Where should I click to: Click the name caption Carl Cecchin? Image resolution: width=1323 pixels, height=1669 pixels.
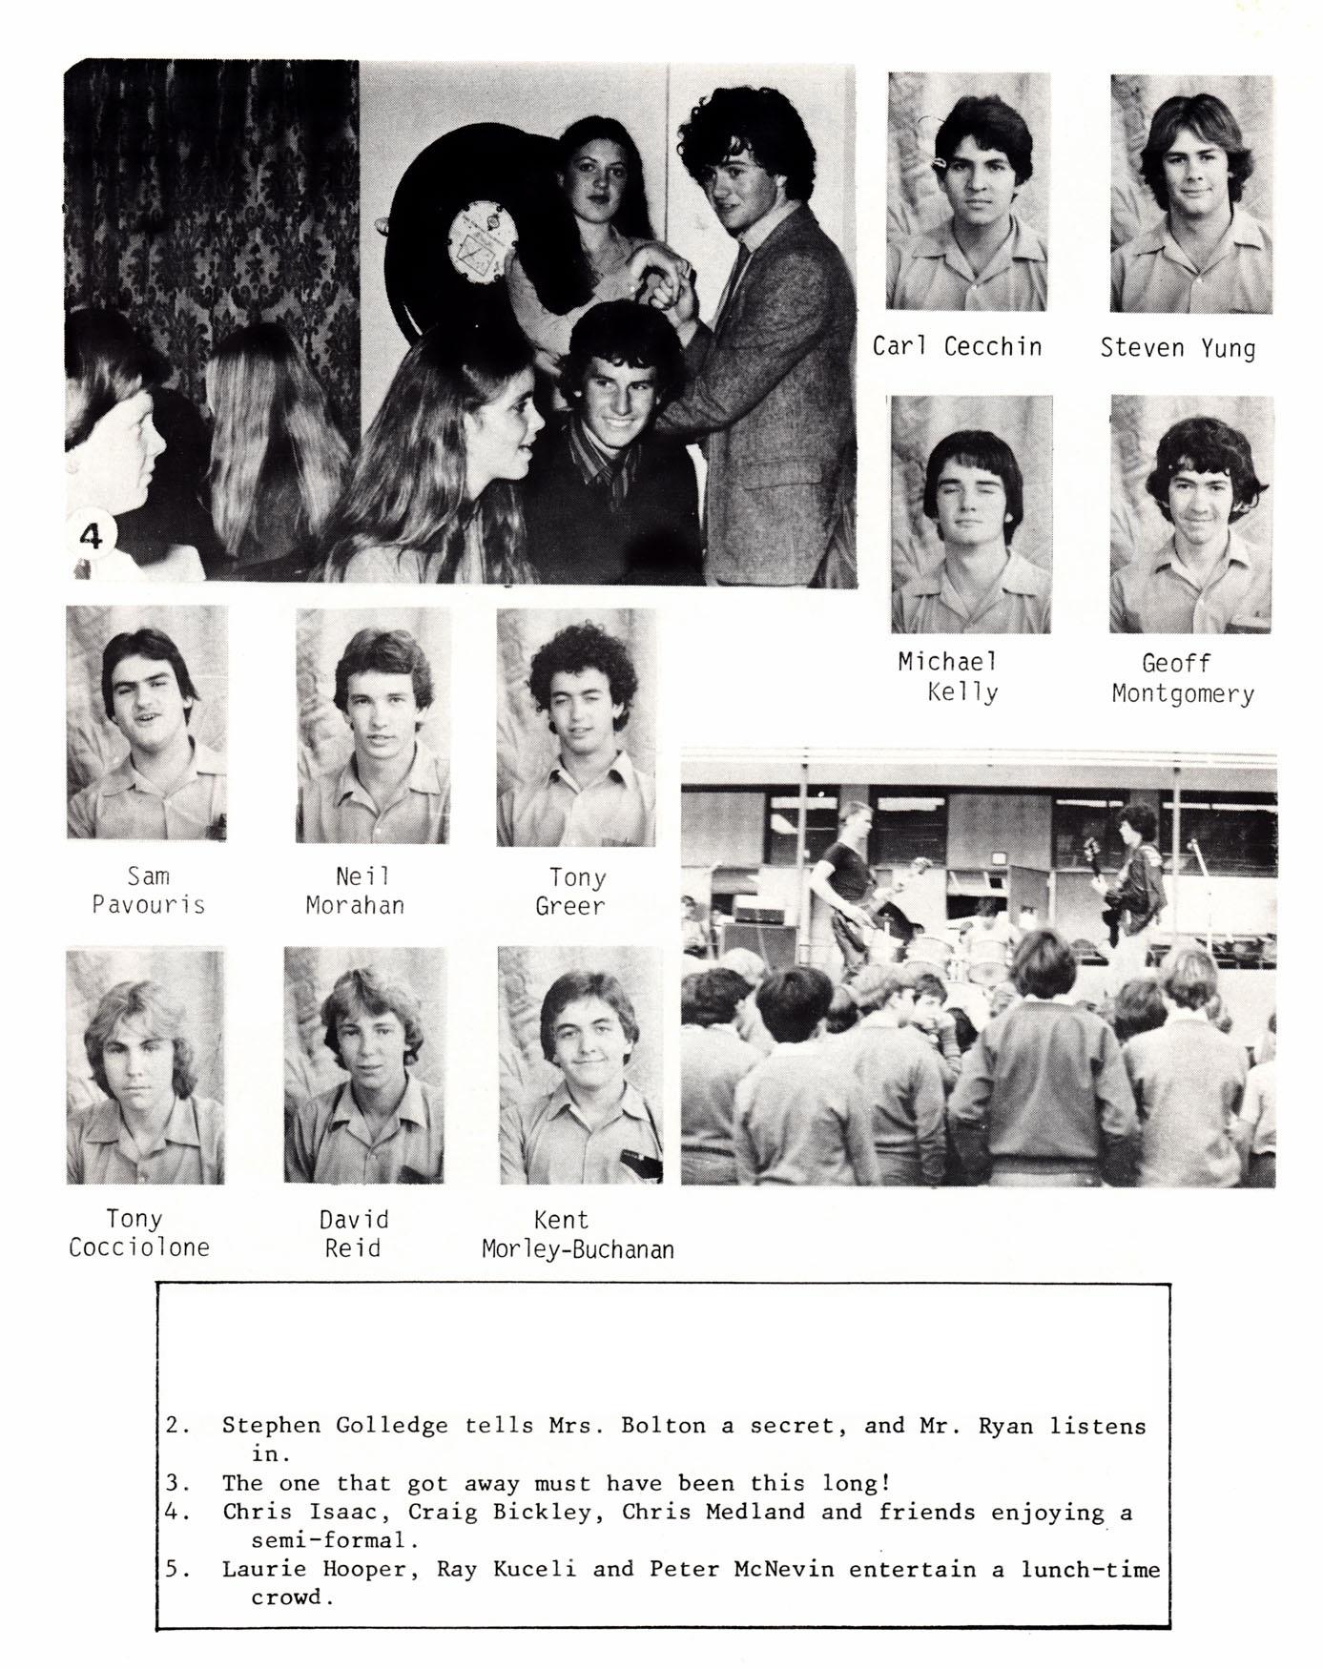point(957,345)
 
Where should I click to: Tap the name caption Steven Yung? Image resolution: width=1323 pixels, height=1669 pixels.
point(1177,347)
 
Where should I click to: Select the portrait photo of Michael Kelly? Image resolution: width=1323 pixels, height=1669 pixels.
point(970,515)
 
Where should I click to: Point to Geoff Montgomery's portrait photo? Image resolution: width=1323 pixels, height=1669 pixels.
point(1190,515)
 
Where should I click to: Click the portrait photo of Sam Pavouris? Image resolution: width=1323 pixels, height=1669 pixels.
point(147,723)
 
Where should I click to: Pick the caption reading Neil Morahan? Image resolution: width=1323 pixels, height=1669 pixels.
point(355,890)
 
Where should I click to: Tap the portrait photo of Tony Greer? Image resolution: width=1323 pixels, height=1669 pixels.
point(577,727)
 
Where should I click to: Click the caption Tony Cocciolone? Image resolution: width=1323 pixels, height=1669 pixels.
point(138,1232)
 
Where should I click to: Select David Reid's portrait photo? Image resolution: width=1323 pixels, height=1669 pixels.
point(364,1065)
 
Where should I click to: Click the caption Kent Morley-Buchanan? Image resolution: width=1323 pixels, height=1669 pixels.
point(577,1234)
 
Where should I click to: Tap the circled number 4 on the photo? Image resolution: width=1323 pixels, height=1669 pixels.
point(91,537)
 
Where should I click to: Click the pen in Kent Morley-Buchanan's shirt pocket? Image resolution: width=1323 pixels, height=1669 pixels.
point(634,1159)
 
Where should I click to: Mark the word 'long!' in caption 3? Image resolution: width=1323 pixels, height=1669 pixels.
point(856,1483)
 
